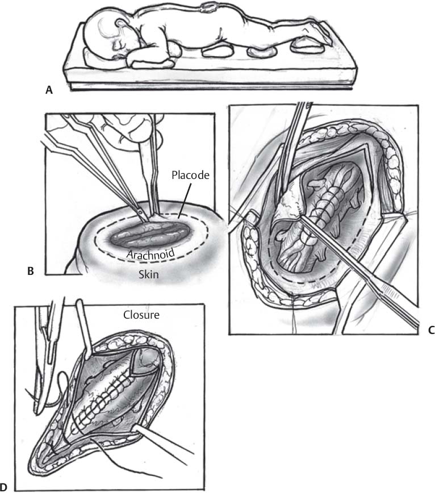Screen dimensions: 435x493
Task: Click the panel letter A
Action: click(x=49, y=90)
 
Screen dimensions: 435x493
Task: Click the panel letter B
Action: click(x=31, y=271)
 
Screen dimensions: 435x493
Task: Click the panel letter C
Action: click(x=431, y=330)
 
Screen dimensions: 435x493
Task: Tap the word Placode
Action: click(x=190, y=175)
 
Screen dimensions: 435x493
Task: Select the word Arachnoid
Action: click(x=150, y=253)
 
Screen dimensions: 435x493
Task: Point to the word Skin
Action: click(x=149, y=274)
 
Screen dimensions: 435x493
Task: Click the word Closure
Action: click(x=141, y=315)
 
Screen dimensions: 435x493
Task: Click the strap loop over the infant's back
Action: click(x=207, y=7)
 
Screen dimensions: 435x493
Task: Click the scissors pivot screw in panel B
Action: click(x=140, y=212)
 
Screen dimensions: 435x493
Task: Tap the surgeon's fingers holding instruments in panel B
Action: click(x=132, y=126)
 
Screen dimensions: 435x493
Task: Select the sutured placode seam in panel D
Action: click(x=104, y=397)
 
